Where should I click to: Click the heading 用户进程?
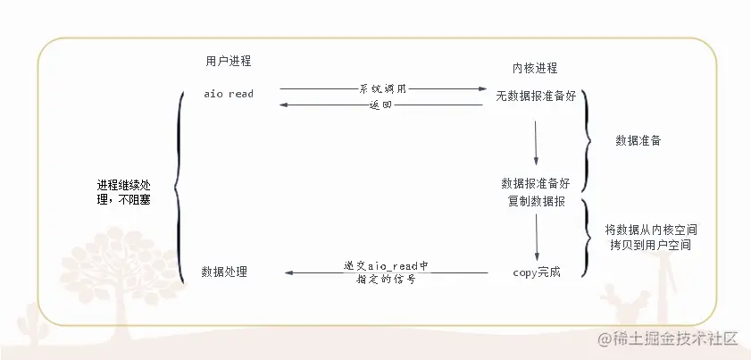229,61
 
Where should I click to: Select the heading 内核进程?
535,68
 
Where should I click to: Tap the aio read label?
229,94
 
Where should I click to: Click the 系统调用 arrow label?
383,88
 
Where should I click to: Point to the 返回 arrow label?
380,105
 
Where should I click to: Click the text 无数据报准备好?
536,96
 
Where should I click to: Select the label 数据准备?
638,140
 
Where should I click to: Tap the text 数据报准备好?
536,184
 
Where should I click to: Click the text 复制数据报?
537,201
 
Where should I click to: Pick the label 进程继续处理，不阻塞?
124,192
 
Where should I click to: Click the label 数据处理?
224,272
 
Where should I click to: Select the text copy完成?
537,272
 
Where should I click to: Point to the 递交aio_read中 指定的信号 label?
385,272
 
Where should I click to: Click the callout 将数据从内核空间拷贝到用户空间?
650,238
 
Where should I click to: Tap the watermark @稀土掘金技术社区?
667,339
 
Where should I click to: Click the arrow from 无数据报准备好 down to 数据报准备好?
536,143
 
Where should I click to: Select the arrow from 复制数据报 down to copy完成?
537,238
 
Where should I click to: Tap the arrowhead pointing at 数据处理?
288,272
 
